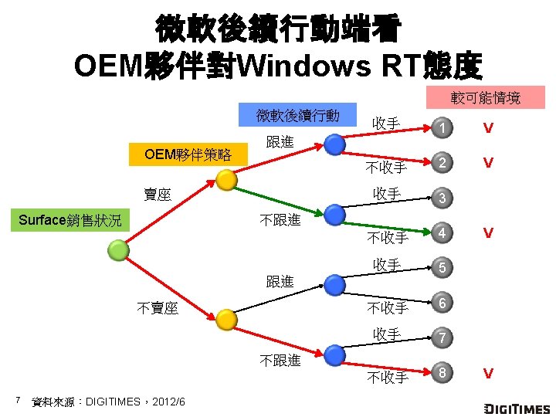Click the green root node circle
(118, 249)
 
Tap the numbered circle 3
(442, 198)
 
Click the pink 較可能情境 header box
(486, 98)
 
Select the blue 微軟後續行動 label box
(298, 116)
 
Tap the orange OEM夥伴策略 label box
(188, 154)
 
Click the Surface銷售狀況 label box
(70, 220)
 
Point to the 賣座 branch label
(158, 195)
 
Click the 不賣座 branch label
(158, 308)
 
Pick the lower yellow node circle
(225, 319)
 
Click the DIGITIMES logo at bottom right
(517, 408)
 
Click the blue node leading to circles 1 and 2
(334, 144)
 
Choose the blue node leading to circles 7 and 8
(334, 355)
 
